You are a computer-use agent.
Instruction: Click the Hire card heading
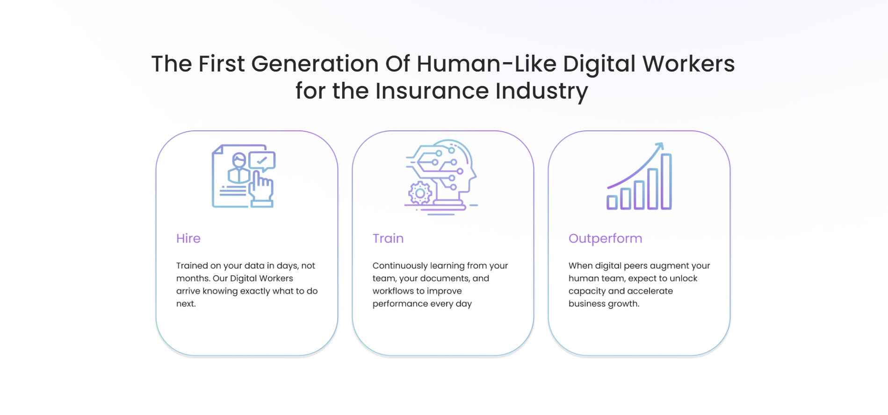(188, 238)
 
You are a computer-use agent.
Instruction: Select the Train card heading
(388, 238)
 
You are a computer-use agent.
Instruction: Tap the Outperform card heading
(605, 239)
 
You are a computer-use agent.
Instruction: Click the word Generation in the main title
(315, 64)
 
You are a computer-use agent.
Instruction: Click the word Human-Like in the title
(486, 64)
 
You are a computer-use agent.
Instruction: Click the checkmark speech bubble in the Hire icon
(262, 161)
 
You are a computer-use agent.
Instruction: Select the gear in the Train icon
(420, 193)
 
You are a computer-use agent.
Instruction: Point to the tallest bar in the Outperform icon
(666, 181)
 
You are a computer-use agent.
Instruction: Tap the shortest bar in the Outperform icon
(612, 202)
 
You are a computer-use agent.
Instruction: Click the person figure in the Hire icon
(239, 169)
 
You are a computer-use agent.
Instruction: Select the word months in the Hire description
(192, 279)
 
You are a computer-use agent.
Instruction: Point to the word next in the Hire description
(186, 304)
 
